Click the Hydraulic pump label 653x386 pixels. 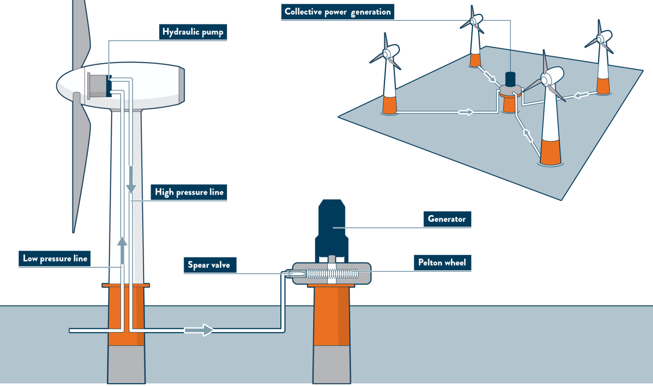(x=192, y=31)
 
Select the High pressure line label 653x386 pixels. (x=189, y=192)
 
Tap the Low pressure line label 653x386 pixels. (x=55, y=258)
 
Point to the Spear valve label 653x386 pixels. (x=208, y=265)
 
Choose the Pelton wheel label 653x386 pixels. (x=442, y=263)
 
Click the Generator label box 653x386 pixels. (x=446, y=219)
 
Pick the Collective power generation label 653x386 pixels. (x=337, y=12)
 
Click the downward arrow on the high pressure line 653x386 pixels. (x=131, y=180)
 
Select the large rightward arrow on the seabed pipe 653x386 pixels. (x=199, y=330)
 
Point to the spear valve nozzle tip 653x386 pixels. (x=288, y=273)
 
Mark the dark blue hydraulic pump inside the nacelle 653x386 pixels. (x=109, y=86)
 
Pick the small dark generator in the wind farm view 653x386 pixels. (x=510, y=79)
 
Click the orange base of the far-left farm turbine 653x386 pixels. (x=390, y=104)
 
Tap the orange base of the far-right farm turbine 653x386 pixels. (x=603, y=86)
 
